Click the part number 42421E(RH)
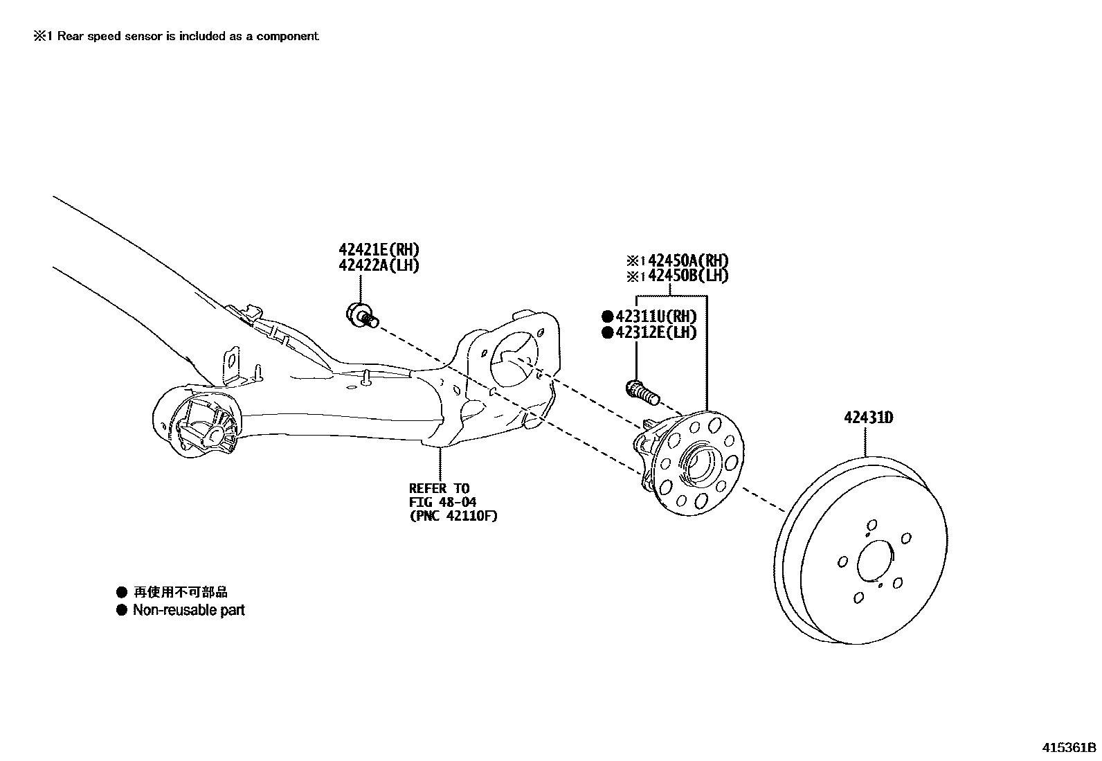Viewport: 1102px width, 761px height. click(x=379, y=249)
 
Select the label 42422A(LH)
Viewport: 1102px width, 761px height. click(x=379, y=265)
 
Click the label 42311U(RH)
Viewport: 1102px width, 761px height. click(x=656, y=316)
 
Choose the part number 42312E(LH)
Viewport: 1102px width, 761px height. click(x=656, y=332)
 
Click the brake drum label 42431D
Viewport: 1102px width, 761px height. click(x=868, y=418)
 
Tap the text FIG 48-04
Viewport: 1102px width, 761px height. click(x=442, y=502)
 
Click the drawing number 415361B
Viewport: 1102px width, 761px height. click(x=1069, y=748)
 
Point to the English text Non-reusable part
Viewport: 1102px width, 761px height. click(x=188, y=610)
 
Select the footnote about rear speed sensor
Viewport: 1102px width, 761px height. click(x=177, y=36)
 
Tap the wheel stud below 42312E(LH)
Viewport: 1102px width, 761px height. click(x=642, y=393)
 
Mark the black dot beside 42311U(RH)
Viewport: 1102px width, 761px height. click(x=607, y=316)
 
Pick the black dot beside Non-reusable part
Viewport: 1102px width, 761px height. click(x=122, y=610)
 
